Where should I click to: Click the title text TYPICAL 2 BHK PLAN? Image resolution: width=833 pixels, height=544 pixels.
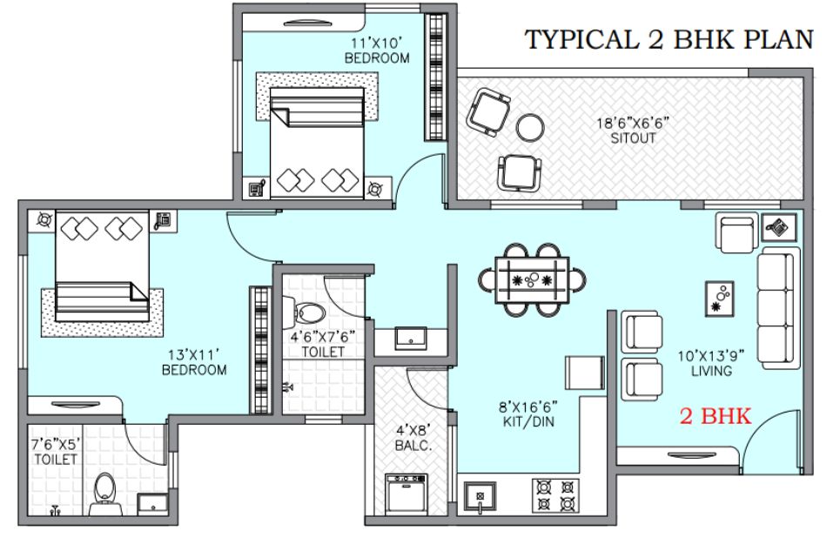coord(668,39)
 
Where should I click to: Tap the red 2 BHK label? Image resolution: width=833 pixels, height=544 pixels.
coord(715,416)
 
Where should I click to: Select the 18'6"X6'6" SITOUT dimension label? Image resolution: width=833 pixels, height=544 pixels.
coord(633,131)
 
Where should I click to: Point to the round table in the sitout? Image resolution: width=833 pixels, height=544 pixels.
coord(530,127)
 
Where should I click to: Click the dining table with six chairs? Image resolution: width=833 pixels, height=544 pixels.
coord(532,280)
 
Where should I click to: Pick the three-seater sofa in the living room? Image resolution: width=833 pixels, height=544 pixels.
coord(777,308)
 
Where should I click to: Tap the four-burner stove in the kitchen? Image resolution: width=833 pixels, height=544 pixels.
coord(555,495)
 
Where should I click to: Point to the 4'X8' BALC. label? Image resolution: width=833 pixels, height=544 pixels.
coord(413,437)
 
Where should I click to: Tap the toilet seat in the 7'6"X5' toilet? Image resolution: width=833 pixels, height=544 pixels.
coord(105,494)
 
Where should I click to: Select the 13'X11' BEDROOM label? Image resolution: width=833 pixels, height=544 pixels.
coord(194,362)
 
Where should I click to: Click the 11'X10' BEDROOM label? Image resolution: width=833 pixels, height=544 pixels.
coord(377,50)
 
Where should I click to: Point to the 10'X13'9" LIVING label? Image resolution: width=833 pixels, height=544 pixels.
coord(711,363)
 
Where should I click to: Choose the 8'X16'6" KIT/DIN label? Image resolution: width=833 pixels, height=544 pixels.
coord(528,414)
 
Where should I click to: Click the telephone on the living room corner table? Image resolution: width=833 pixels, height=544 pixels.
coord(779,228)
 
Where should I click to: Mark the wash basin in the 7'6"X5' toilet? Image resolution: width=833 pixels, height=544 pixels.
coord(153,505)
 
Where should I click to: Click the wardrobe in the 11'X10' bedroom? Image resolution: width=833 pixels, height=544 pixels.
coord(435,77)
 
